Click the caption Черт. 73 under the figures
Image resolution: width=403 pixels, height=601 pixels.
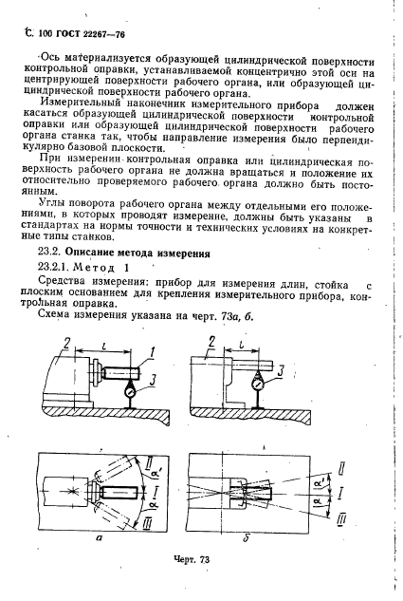[191, 563]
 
